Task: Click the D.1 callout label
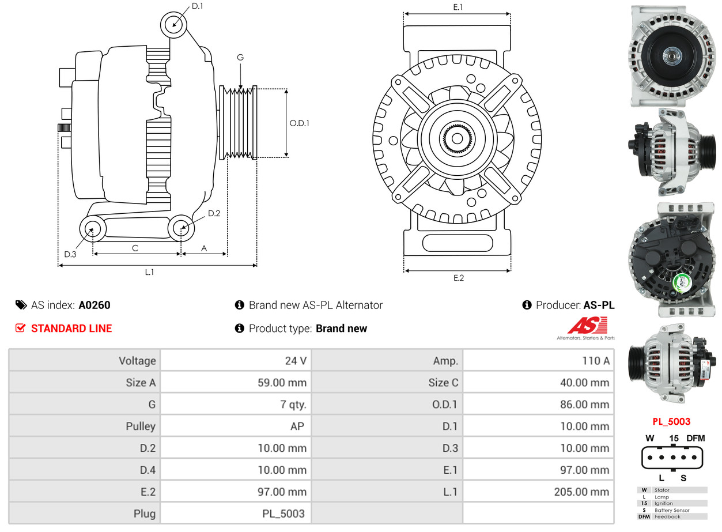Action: pos(197,6)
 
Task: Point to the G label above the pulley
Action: pos(240,57)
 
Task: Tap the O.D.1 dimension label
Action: pos(299,123)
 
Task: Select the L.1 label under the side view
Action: pos(149,272)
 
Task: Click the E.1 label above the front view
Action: pos(458,7)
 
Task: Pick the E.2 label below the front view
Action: pos(458,278)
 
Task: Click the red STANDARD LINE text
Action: pos(71,329)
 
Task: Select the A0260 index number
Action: pos(94,305)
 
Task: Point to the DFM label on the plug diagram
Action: pos(695,438)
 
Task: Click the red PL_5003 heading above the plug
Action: pos(671,421)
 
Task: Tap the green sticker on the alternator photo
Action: pos(683,282)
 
